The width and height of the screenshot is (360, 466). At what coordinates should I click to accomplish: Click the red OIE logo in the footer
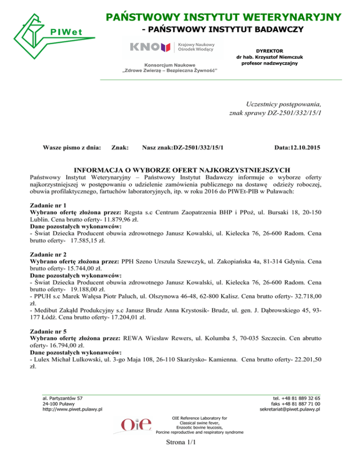(x=136, y=424)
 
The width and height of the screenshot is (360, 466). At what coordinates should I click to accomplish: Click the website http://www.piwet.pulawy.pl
(x=73, y=409)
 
